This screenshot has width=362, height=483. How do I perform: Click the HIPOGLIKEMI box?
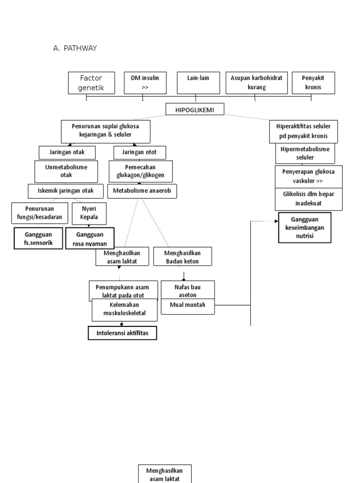tap(195, 109)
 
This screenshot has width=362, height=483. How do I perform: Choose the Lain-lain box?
tap(198, 83)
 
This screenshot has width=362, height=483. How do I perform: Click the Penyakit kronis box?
tap(313, 83)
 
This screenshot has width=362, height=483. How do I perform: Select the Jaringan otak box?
tap(67, 152)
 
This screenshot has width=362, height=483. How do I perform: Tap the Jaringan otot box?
tap(136, 152)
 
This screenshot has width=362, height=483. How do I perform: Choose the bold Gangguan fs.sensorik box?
tap(38, 239)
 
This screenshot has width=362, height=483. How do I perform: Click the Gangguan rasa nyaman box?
tap(90, 239)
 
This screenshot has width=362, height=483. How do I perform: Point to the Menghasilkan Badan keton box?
tap(182, 256)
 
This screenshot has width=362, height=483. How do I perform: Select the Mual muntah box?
tap(187, 306)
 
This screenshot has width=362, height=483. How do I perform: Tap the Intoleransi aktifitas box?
tap(122, 333)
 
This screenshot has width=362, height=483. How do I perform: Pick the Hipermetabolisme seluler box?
tap(309, 153)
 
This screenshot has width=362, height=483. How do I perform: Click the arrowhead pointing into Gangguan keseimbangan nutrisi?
tap(277, 221)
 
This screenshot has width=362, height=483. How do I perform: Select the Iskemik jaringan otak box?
tap(66, 191)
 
